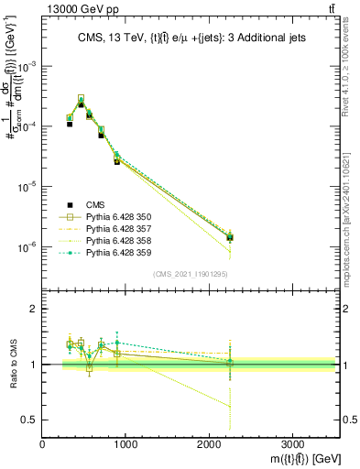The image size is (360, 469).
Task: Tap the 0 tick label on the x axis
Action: pyautogui.click(x=43, y=443)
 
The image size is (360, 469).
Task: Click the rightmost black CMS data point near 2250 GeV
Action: pyautogui.click(x=230, y=237)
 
